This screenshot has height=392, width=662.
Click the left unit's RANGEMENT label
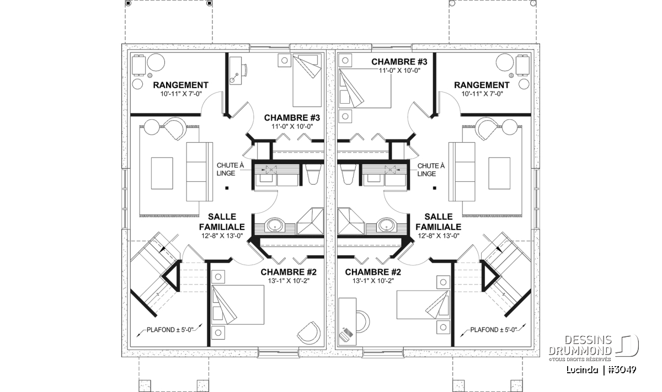coord(180,85)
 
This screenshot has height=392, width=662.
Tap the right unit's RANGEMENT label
coord(482,85)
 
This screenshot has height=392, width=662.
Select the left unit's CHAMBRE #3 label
coord(292,117)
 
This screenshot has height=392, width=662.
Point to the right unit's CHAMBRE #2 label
coord(373,272)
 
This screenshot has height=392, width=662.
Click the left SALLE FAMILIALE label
coord(222,222)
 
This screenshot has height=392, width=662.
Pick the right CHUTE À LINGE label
coord(431,170)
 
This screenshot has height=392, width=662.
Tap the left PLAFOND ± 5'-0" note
coord(170,330)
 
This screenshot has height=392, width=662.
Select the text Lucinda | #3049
coord(601,370)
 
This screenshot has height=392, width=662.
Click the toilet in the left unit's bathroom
coord(313,174)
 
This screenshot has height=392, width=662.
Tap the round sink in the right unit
coord(387,225)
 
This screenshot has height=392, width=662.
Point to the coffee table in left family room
coord(162,173)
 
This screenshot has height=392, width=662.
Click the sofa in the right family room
coord(462,171)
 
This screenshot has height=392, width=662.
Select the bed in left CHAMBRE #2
coord(238,304)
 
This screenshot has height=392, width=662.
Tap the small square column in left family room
coord(227,188)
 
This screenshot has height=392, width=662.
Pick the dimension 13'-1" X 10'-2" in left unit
coord(289,281)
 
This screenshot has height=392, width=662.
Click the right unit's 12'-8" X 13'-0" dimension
coord(439,236)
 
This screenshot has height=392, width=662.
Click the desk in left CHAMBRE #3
coord(236,71)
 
